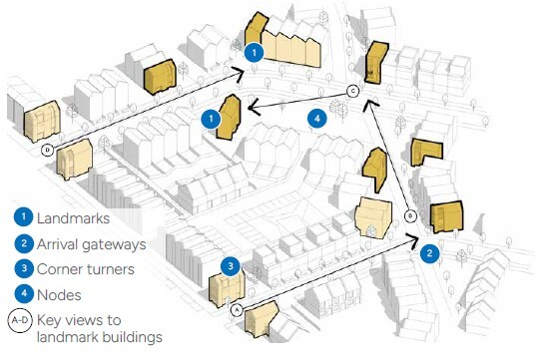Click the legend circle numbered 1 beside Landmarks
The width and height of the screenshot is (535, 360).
point(21,217)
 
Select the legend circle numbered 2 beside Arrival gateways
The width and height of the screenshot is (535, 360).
point(21,243)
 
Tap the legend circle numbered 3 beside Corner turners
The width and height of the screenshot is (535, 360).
point(21,269)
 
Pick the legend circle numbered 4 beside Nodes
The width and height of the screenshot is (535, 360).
point(21,295)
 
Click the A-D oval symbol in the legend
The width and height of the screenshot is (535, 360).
point(20,321)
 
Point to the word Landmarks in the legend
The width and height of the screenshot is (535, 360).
point(76,217)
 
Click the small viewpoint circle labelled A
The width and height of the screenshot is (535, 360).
point(237,309)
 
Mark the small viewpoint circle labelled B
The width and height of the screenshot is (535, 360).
point(410,216)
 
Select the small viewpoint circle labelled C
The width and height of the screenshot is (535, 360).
point(352,92)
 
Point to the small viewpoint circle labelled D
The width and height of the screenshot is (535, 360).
point(47,151)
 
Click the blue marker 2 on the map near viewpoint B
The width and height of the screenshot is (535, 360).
point(429,253)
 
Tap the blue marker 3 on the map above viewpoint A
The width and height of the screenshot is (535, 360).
point(231,266)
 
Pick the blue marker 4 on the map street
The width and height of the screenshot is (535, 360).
point(316,119)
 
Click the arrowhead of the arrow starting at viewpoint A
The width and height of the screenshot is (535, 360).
point(414,238)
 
